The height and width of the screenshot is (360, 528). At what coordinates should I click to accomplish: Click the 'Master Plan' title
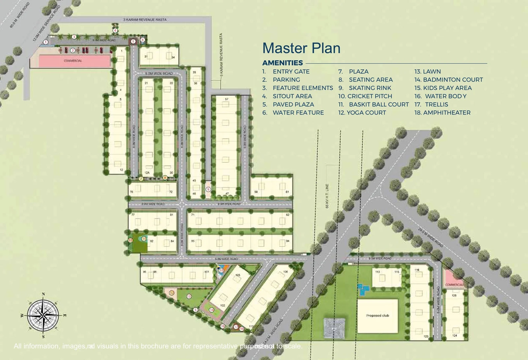[301, 48]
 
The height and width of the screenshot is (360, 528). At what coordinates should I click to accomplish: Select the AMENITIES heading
[282, 63]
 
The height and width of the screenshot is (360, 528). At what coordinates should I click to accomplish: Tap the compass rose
[43, 315]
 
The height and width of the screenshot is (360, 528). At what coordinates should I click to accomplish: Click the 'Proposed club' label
[378, 315]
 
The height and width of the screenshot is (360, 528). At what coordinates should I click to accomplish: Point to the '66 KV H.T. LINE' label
[327, 196]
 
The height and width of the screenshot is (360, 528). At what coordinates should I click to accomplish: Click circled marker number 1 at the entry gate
[46, 42]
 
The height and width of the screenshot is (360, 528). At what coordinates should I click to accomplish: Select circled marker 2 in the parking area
[73, 50]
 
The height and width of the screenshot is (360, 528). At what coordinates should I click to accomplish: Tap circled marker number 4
[115, 31]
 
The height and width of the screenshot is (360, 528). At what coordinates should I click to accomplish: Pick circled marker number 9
[208, 189]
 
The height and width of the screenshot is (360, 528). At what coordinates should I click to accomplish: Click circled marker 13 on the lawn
[189, 296]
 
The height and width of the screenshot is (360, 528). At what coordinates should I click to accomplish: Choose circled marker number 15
[221, 271]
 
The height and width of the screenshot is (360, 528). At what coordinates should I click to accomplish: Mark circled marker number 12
[172, 293]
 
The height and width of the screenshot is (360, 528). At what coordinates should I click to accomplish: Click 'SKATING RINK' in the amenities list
[370, 88]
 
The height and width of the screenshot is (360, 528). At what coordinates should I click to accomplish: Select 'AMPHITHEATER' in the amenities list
[447, 113]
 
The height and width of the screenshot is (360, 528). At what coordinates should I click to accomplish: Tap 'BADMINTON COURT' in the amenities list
[453, 80]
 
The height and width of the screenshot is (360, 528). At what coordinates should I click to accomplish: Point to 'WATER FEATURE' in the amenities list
[298, 113]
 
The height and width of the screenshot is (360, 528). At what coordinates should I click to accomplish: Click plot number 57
[226, 99]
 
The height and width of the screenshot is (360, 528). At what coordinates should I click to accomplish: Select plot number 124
[455, 336]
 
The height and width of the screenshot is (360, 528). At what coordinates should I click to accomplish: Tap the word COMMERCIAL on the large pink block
[73, 61]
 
